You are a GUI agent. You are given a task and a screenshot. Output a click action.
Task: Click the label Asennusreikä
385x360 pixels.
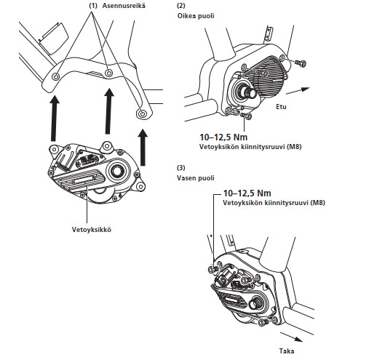pyautogui.click(x=124, y=6)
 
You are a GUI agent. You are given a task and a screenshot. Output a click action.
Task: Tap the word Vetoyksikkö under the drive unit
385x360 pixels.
pyautogui.click(x=92, y=229)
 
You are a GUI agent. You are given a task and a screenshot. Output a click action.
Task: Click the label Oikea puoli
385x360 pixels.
pyautogui.click(x=196, y=16)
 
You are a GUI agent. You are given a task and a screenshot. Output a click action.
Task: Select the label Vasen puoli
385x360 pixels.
pyautogui.click(x=196, y=178)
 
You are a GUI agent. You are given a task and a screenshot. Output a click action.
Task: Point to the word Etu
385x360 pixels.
pyautogui.click(x=281, y=107)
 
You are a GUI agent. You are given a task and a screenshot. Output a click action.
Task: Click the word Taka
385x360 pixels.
pyautogui.click(x=287, y=351)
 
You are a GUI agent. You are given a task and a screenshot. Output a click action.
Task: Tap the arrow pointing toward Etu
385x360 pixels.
pyautogui.click(x=298, y=91)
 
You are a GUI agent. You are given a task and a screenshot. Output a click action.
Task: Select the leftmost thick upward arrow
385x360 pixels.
pyautogui.click(x=55, y=119)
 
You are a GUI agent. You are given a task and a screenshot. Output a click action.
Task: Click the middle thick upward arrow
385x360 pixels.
pyautogui.click(x=108, y=111)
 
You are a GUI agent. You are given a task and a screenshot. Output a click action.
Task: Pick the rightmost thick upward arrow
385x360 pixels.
pyautogui.click(x=143, y=147)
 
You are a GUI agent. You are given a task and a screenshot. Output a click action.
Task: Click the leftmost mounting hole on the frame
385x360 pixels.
pyautogui.click(x=56, y=77)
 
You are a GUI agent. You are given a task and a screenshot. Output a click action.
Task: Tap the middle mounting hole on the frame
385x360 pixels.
pyautogui.click(x=108, y=73)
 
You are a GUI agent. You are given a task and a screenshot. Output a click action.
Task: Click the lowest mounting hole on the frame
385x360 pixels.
pyautogui.click(x=142, y=113)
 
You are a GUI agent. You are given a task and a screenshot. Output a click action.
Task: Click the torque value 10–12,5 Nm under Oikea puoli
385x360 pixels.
pyautogui.click(x=223, y=137)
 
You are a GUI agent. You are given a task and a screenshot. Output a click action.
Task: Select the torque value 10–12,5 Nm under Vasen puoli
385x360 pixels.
pyautogui.click(x=247, y=193)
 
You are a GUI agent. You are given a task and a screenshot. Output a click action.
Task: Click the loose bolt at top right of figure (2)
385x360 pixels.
pyautogui.click(x=300, y=63)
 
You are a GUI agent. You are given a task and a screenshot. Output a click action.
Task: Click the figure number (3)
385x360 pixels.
pyautogui.click(x=181, y=168)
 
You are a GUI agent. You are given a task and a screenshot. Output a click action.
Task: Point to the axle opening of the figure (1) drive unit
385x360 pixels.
pyautogui.click(x=116, y=171)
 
